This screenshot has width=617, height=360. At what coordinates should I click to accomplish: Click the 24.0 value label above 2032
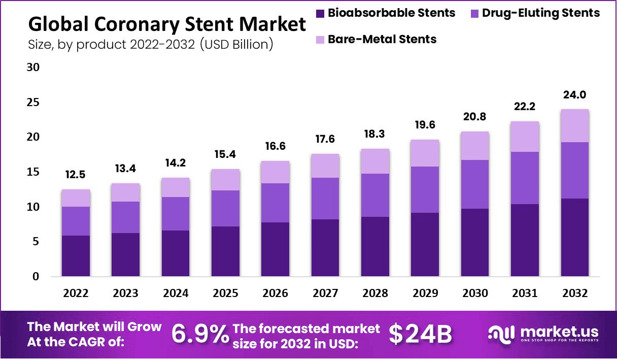tap(574, 95)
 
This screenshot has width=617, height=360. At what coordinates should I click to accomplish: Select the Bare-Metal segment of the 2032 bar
tap(574, 126)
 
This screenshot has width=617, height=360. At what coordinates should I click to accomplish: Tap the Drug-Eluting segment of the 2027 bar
tap(325, 199)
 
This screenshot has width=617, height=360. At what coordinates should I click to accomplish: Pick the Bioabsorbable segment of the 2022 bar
tap(76, 256)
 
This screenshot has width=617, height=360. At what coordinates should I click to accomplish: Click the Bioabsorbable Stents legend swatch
tap(319, 13)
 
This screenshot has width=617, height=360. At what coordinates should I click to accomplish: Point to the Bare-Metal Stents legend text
tap(382, 39)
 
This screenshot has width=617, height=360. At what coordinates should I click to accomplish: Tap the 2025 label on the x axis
tap(225, 293)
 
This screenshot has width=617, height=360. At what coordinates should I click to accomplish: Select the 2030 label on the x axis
tap(475, 293)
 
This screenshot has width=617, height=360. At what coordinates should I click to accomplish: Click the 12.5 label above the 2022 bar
tap(76, 175)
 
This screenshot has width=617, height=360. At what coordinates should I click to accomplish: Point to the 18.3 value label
tap(375, 135)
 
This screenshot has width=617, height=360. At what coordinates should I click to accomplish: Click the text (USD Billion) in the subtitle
tap(237, 44)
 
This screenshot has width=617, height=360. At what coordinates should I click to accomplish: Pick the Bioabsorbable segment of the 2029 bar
tap(425, 245)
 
